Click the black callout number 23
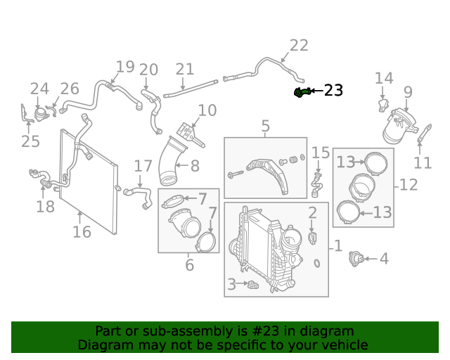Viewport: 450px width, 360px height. (x=333, y=90)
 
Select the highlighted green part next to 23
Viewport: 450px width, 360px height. (x=301, y=92)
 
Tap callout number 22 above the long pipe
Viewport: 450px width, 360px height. (x=299, y=46)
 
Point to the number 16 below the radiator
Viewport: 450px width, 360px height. (x=82, y=231)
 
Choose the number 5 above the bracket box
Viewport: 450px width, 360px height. (x=265, y=127)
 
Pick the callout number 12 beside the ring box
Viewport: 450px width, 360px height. (x=409, y=185)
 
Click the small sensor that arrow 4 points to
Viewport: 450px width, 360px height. (x=357, y=260)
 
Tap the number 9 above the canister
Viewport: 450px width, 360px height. (x=408, y=91)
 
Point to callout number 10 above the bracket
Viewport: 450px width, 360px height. (x=207, y=110)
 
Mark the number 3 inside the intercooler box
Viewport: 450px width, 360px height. (x=231, y=285)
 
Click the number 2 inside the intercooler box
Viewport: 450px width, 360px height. (x=312, y=212)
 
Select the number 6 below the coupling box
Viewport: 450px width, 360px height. (x=189, y=265)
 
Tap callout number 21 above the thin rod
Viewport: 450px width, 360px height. (x=184, y=69)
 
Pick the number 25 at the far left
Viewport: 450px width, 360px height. (x=30, y=142)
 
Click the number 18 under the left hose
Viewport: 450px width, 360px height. (x=45, y=207)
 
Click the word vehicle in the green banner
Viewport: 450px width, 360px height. (x=344, y=345)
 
